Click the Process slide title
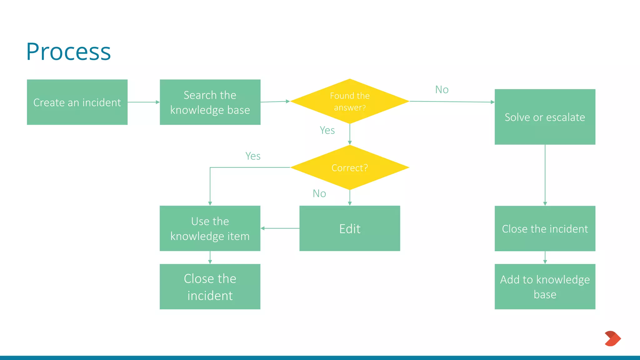click(68, 52)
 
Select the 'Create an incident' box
click(77, 102)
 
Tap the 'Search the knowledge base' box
click(210, 102)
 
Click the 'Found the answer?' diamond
click(350, 101)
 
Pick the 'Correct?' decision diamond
click(350, 167)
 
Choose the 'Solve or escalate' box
click(545, 117)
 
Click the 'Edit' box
click(350, 228)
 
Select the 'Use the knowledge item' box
click(210, 228)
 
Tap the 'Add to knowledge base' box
click(545, 287)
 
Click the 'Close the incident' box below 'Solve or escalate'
click(545, 228)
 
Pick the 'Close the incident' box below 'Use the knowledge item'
click(210, 287)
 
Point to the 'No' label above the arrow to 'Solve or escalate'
click(442, 90)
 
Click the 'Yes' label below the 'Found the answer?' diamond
click(327, 130)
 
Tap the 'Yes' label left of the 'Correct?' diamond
click(253, 156)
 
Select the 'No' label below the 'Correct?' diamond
click(319, 194)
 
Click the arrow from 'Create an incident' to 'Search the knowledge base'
click(143, 102)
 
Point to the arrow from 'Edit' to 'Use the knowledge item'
click(280, 228)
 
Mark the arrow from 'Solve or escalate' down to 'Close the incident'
click(545, 175)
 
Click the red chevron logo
click(612, 338)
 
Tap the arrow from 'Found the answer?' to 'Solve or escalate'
click(452, 102)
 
